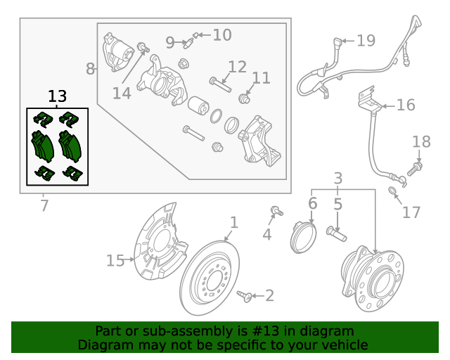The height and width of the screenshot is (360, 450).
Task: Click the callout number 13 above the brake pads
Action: coord(58,96)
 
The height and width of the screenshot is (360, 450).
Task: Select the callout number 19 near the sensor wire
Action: coord(366,41)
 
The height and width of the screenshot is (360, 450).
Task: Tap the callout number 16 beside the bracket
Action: coord(406,105)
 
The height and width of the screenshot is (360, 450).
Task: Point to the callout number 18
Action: coord(421,142)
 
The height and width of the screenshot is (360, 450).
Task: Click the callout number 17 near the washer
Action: coord(411,212)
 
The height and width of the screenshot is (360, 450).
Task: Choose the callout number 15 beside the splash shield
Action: coord(115,261)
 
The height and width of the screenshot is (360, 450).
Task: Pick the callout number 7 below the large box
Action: coord(44,206)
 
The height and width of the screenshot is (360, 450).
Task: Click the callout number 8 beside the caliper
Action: coord(90,69)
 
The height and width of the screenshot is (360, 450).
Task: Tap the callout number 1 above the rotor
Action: coord(234,223)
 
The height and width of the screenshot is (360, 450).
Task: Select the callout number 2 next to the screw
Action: coord(269,297)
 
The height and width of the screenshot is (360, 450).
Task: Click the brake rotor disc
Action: coord(211,281)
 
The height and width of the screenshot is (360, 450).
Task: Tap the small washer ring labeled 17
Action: coord(393,191)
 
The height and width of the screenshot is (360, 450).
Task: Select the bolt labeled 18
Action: coord(416,168)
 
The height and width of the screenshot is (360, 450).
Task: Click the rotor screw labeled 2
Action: coord(245,296)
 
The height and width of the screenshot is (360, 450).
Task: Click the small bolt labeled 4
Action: coord(275,210)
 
